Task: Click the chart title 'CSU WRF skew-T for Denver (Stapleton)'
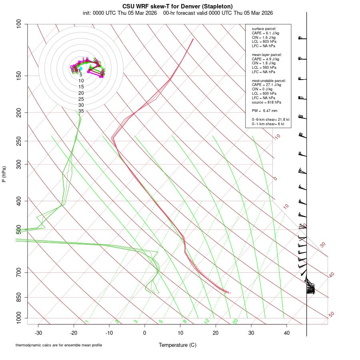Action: coord(177,6)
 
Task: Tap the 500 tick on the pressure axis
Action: coord(19,230)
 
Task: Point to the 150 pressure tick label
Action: coord(19,76)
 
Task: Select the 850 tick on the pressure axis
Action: coord(19,297)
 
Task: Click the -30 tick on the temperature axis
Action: coord(38,333)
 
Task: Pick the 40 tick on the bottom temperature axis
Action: coord(286,333)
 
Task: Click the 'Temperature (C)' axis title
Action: coord(177,345)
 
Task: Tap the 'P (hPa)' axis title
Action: coord(4,174)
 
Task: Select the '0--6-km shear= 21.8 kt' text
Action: coord(270,120)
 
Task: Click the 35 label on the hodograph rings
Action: coord(81,111)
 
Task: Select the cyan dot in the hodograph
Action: coord(81,69)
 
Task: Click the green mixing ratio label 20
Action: coord(235,321)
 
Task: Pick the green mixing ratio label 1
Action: coord(87,322)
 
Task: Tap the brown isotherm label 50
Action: coord(331,315)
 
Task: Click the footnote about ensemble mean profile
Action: coord(59,345)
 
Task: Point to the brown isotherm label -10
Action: coord(276,137)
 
